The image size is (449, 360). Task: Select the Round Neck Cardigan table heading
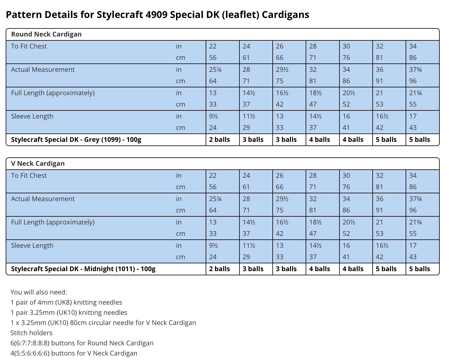46,34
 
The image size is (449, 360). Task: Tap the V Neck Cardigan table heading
38,163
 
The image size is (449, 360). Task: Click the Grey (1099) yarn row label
76,139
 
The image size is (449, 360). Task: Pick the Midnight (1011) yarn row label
83,269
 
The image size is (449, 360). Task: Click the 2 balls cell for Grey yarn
219,139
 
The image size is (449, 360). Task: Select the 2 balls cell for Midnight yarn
219,269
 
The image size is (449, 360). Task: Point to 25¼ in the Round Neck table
215,69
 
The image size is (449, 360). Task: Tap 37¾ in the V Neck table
415,199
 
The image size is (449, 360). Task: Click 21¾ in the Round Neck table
415,93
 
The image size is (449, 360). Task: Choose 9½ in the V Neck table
213,245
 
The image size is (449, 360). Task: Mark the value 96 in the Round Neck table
413,81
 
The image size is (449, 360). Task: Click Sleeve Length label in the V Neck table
32,245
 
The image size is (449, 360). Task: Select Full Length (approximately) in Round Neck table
53,93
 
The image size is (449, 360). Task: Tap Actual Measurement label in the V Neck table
43,199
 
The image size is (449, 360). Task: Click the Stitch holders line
31,333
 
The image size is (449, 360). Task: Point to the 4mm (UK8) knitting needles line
66,302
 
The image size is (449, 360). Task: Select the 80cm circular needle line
103,323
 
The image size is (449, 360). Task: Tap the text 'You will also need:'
39,292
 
